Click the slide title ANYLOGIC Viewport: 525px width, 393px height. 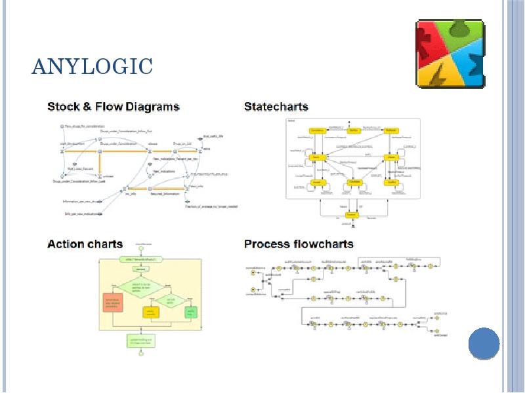pos(92,66)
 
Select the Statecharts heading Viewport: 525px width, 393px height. pos(276,106)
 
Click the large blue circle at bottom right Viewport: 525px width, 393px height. pos(484,343)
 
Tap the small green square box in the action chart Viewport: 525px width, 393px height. pos(190,312)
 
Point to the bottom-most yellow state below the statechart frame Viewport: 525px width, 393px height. pos(351,215)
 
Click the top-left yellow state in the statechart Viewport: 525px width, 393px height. pos(316,131)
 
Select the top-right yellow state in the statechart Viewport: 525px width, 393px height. pos(391,131)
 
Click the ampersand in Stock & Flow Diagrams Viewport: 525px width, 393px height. pos(87,106)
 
